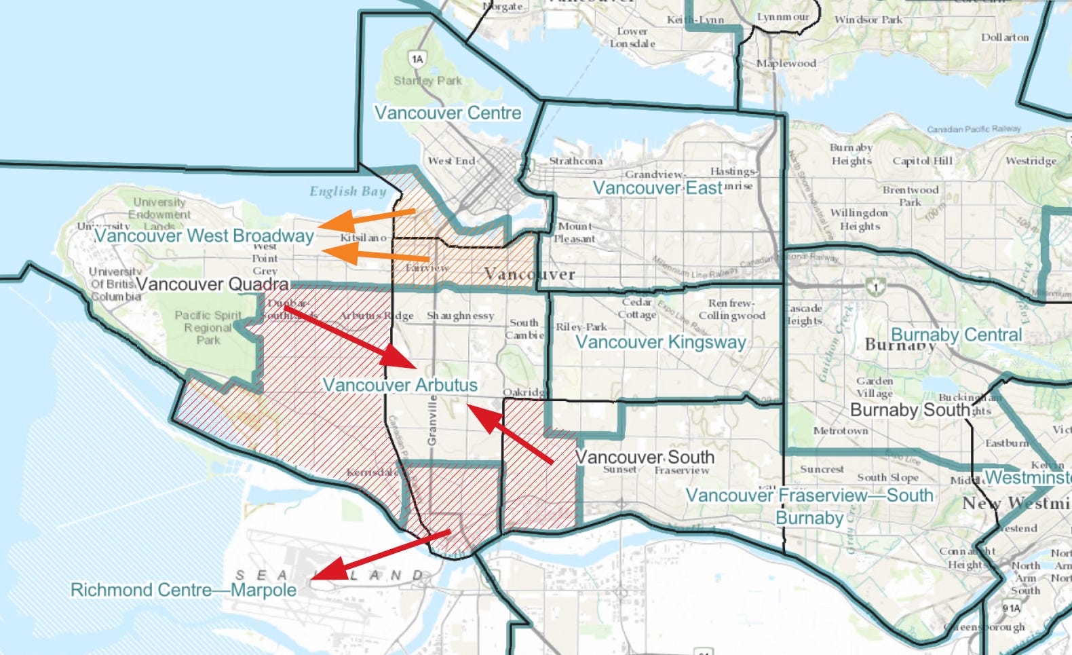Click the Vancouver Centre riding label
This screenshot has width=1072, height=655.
[448, 113]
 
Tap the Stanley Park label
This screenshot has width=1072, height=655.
[427, 81]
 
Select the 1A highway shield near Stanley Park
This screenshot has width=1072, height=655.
[417, 59]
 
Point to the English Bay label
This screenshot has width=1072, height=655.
[347, 191]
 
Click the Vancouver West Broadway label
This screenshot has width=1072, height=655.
[204, 236]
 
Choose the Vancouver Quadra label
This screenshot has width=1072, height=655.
[212, 284]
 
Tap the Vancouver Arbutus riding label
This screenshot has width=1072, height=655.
[400, 385]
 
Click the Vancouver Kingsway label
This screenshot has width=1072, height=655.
[660, 342]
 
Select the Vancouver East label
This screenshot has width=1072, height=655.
[657, 188]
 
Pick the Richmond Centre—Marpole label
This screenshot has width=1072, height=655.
[183, 590]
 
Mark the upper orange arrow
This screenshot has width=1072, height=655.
[366, 220]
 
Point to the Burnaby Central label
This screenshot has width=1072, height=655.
[955, 335]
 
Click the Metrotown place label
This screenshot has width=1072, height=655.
[840, 431]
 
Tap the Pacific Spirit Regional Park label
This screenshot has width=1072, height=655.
[208, 327]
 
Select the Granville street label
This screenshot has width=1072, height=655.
[432, 421]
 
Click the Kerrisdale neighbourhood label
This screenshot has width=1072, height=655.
[372, 472]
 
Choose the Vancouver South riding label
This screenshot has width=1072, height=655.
[645, 457]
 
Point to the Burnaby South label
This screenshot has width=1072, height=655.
[909, 410]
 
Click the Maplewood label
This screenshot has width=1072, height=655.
[786, 63]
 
